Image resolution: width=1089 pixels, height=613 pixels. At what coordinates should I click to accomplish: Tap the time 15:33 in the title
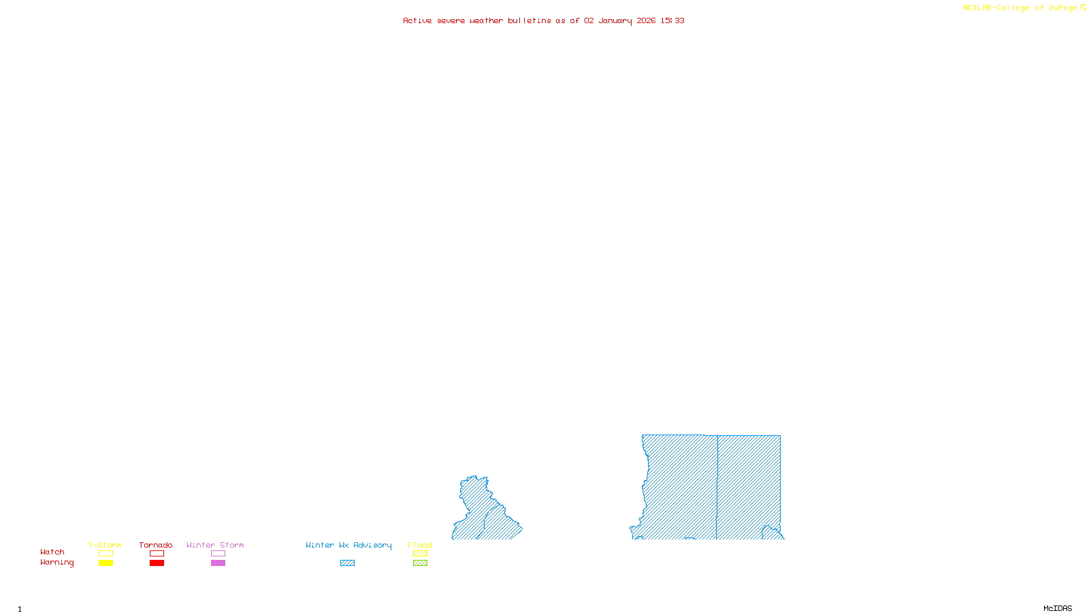click(x=672, y=20)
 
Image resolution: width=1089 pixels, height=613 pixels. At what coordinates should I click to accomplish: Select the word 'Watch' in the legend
click(x=52, y=552)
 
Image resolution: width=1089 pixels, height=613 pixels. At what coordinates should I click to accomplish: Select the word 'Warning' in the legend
click(x=56, y=563)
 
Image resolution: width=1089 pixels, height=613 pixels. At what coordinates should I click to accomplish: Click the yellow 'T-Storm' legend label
click(x=105, y=545)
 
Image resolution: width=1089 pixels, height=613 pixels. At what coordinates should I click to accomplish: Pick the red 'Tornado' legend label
click(x=156, y=545)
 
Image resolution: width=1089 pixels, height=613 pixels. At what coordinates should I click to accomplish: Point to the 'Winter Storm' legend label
click(x=215, y=545)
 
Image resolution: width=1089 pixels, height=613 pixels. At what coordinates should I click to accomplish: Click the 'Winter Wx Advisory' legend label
click(x=348, y=545)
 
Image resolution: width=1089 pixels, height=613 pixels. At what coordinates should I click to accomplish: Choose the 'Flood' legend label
click(x=420, y=545)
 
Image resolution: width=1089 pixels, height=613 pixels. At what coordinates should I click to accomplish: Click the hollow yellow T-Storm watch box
click(x=105, y=554)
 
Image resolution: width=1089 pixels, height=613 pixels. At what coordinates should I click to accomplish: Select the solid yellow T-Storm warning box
click(x=105, y=563)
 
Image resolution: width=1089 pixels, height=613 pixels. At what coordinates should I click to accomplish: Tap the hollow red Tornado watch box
click(x=157, y=554)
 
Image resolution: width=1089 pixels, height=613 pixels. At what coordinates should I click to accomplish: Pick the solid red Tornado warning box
click(x=157, y=563)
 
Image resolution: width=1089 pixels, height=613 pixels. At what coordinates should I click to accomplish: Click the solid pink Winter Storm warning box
click(x=218, y=563)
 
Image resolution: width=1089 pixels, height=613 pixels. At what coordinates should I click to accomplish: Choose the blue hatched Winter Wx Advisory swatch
click(x=347, y=563)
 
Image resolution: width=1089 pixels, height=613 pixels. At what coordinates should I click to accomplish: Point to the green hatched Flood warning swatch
click(x=421, y=563)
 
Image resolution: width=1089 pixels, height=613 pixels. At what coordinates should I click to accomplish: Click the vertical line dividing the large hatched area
click(x=717, y=487)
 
